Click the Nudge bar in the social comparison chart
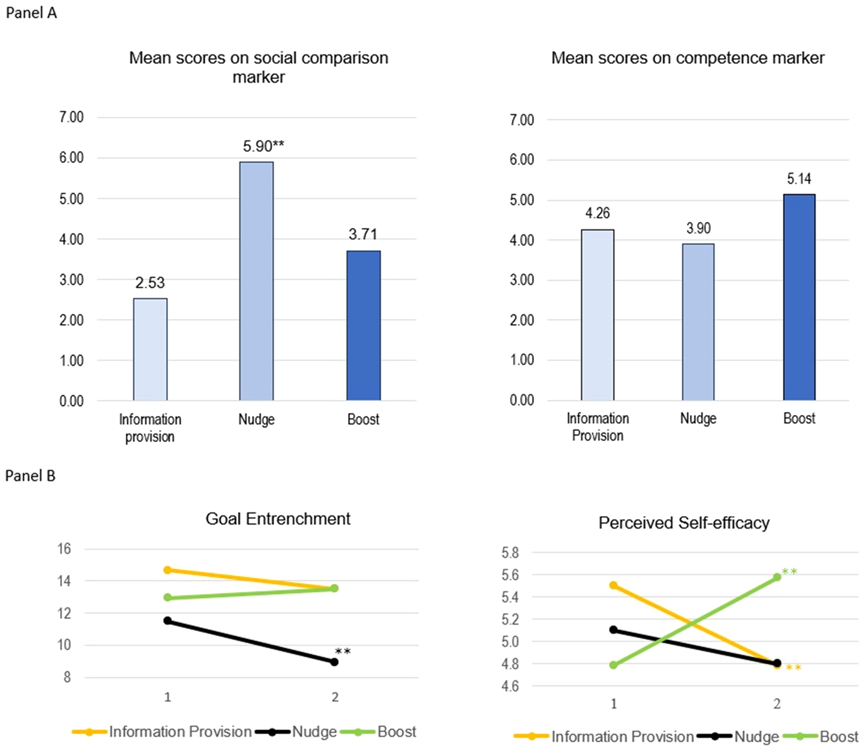coord(257,281)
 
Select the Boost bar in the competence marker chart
coord(799,297)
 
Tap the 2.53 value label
coord(150,282)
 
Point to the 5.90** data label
coord(263,146)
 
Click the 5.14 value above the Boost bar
coord(799,179)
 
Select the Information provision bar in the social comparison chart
coord(150,349)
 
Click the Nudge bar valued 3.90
coord(698,322)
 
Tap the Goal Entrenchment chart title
coord(278,519)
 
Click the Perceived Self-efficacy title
coord(684,523)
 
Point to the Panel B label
coord(30,476)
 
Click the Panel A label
coord(31,13)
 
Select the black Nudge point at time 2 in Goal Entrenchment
coord(334,662)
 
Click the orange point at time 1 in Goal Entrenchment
coord(167,570)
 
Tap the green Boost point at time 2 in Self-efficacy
coord(777,577)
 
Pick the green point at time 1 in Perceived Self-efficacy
coord(614,664)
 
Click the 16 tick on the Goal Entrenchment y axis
coord(64,548)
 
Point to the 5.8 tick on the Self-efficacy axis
coord(510,553)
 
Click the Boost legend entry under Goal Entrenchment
coord(396,731)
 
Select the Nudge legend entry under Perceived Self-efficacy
coord(756,736)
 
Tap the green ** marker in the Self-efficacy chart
coord(790,572)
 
